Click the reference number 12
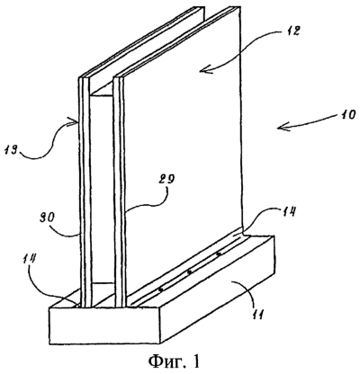(290, 31)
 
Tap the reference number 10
(345, 115)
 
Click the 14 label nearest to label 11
(287, 212)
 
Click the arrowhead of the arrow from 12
(203, 71)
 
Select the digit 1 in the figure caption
(195, 361)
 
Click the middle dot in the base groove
(189, 272)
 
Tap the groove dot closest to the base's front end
(161, 289)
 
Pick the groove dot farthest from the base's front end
(219, 254)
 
